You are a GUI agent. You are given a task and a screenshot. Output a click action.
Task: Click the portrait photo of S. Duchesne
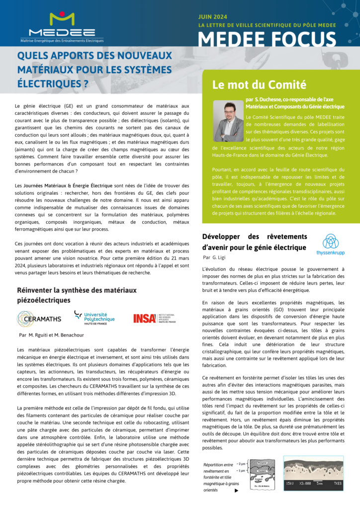coord(228,122)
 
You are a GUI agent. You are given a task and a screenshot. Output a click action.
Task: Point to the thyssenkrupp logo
coord(331,245)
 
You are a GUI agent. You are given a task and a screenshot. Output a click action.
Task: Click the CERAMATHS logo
coord(39,318)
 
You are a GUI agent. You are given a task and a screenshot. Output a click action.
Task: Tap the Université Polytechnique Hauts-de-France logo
coord(94,317)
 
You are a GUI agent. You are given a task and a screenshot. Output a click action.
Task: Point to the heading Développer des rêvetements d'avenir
coord(255,242)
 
